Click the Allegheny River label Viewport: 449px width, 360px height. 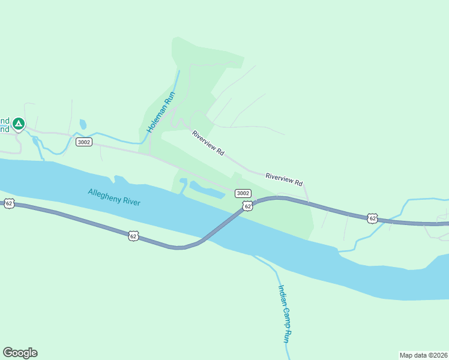pyautogui.click(x=114, y=197)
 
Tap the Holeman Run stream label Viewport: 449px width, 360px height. pyautogui.click(x=160, y=112)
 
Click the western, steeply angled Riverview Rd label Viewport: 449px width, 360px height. pyautogui.click(x=208, y=143)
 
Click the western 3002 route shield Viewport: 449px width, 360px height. pyautogui.click(x=84, y=142)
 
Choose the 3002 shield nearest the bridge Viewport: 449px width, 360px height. pyautogui.click(x=243, y=193)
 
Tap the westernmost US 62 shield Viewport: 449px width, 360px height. pyautogui.click(x=8, y=203)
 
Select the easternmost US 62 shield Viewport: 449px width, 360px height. pyautogui.click(x=373, y=218)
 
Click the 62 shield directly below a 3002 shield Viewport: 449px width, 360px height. pyautogui.click(x=247, y=206)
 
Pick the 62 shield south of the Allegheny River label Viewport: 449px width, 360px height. pyautogui.click(x=133, y=236)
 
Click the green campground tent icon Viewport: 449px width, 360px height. pyautogui.click(x=19, y=124)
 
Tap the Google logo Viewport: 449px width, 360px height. pyautogui.click(x=20, y=353)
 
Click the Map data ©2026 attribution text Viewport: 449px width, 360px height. pyautogui.click(x=423, y=355)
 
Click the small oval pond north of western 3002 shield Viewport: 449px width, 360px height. pyautogui.click(x=83, y=125)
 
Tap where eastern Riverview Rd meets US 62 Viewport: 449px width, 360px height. pyautogui.click(x=309, y=201)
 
